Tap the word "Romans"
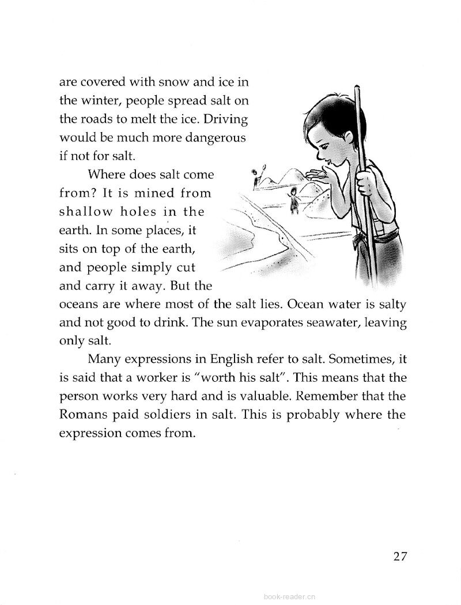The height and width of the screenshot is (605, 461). click(83, 415)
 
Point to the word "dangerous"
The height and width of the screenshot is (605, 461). click(215, 139)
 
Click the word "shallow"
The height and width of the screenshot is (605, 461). click(87, 212)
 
